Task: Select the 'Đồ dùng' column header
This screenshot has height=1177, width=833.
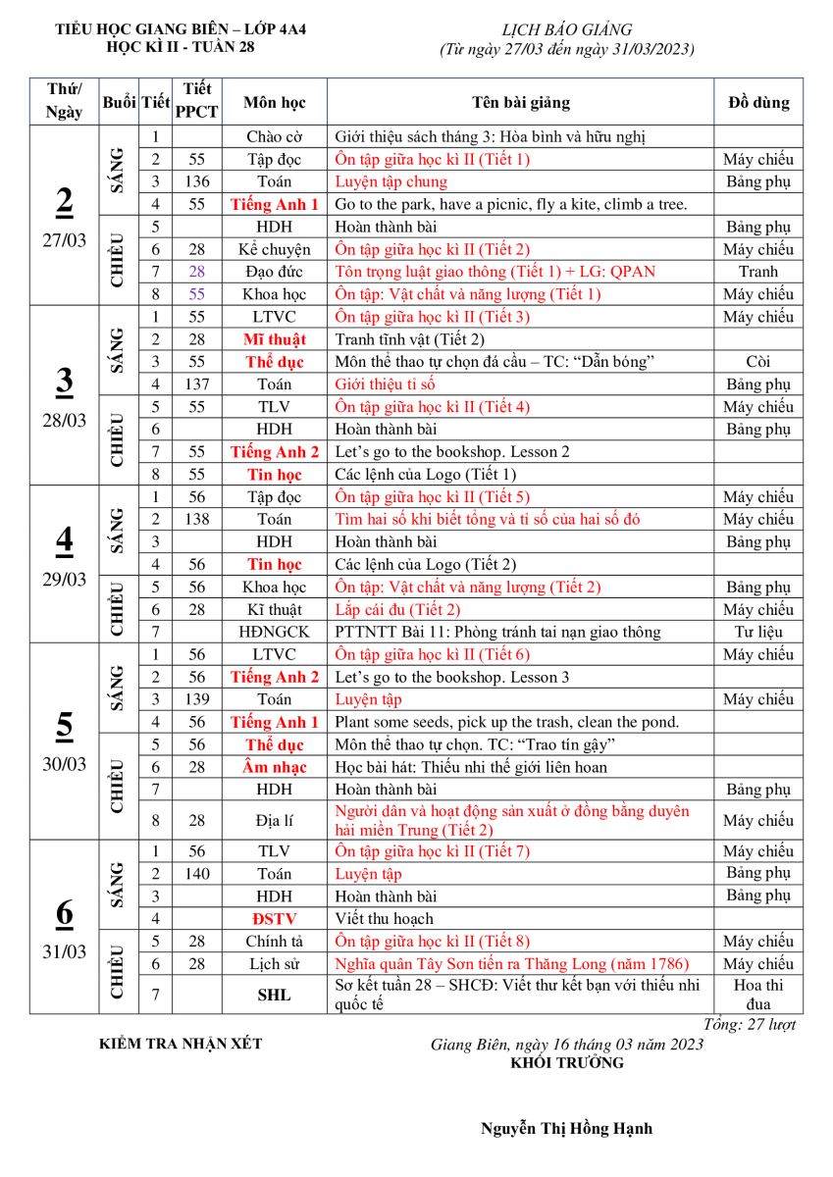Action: point(757,102)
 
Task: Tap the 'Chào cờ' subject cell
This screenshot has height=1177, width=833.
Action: point(275,136)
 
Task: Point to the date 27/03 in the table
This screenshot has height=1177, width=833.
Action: point(64,241)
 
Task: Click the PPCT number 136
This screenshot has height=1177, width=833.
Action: point(197,181)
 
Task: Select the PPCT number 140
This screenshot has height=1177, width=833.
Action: point(197,873)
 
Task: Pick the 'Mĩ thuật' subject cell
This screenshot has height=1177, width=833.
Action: point(275,339)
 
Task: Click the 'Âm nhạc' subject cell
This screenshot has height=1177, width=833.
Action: point(275,767)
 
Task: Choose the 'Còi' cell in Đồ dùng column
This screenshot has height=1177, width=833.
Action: point(757,362)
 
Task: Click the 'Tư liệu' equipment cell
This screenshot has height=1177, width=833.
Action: point(757,632)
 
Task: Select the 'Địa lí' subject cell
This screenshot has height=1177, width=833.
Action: point(275,820)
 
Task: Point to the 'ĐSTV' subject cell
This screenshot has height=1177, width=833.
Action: point(275,919)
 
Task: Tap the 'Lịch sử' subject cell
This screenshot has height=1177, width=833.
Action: point(275,964)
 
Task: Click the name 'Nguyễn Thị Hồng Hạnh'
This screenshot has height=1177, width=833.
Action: point(566,1128)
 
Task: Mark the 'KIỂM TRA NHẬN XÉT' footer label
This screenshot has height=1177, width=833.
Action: point(181,1044)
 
